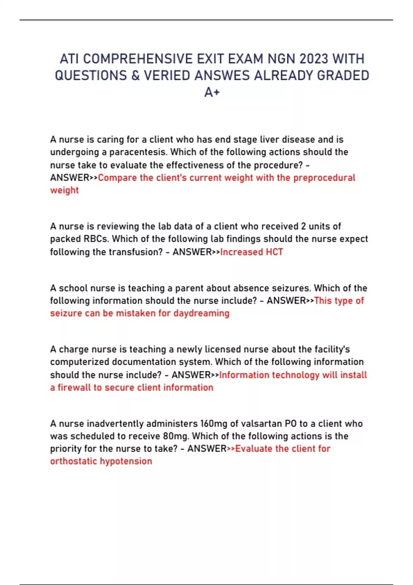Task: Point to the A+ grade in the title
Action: [x=212, y=92]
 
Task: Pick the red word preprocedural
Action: [x=324, y=178]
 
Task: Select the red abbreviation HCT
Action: [x=274, y=252]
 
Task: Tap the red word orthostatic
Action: [x=74, y=461]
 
